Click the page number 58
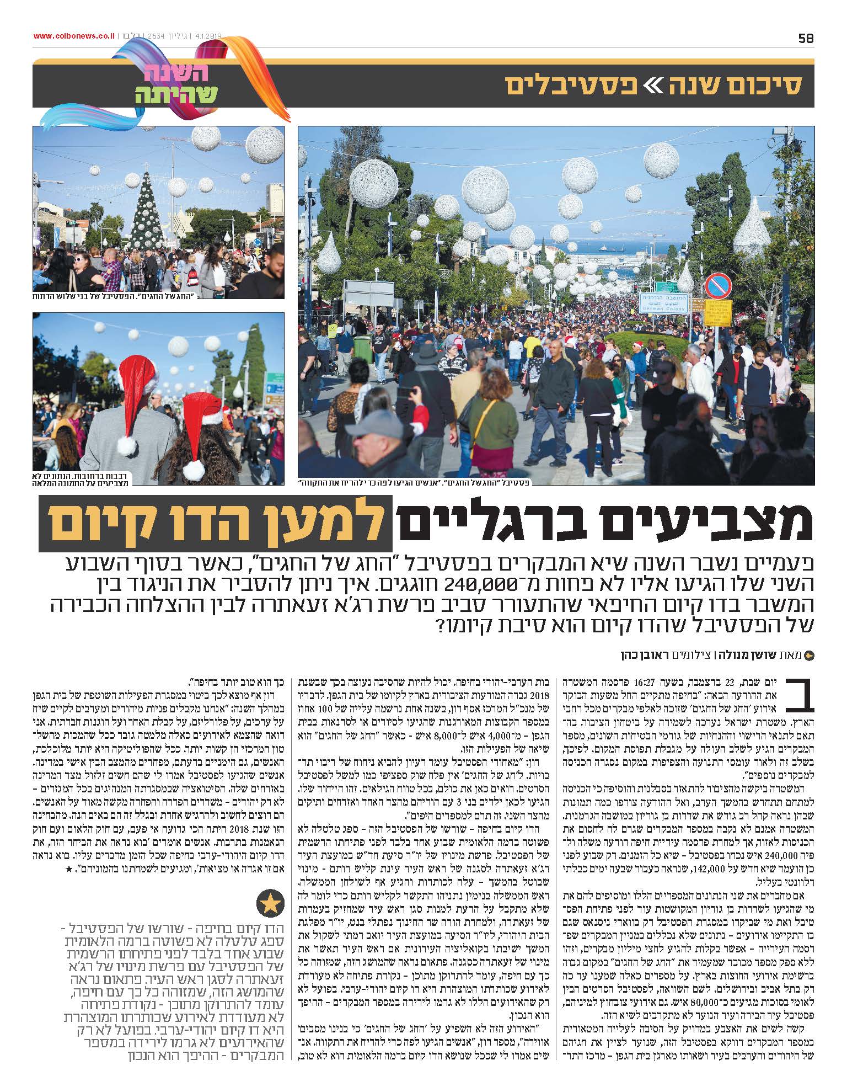pyautogui.click(x=806, y=38)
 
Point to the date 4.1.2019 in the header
pyautogui.click(x=205, y=36)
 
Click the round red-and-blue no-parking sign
pyautogui.click(x=718, y=286)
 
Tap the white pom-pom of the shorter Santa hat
pyautogui.click(x=194, y=470)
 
